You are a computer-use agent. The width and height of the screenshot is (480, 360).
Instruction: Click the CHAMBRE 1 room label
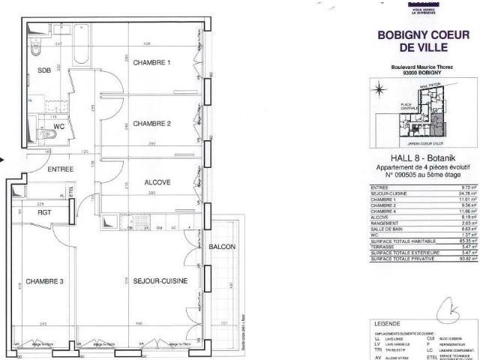tap(152, 62)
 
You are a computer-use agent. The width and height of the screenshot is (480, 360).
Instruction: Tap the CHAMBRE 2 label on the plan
tap(152, 124)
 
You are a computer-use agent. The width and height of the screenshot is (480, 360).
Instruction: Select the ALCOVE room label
tap(157, 182)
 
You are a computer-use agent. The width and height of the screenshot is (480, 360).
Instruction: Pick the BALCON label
tap(223, 247)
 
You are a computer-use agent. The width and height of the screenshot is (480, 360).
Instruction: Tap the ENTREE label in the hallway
tap(61, 169)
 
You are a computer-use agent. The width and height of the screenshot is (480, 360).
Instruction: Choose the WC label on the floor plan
tap(59, 127)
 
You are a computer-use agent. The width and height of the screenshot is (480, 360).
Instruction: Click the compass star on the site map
tap(379, 90)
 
